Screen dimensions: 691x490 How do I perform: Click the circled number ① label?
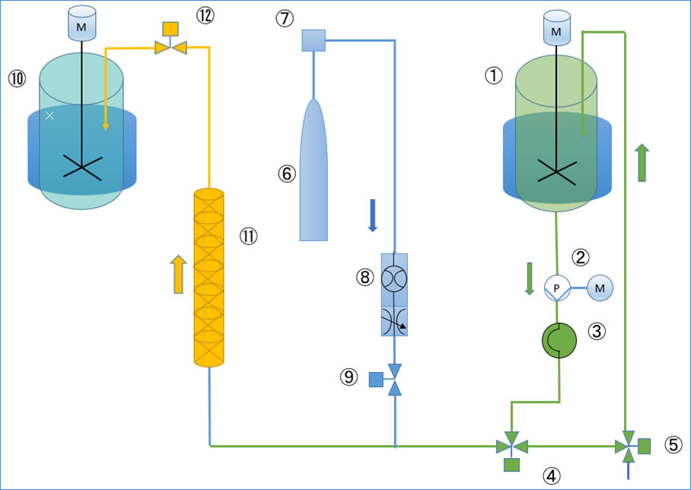[494, 75]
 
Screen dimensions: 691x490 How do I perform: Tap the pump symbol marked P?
[557, 288]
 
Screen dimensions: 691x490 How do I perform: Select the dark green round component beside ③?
[559, 340]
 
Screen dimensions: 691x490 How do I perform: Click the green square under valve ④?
[511, 465]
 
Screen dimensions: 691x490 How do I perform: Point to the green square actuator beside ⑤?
[644, 446]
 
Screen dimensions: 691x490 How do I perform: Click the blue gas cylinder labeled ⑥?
[314, 170]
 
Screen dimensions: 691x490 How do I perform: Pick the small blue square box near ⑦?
[314, 40]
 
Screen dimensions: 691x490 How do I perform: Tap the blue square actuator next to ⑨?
[376, 380]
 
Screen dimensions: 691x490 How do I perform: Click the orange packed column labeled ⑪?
[209, 278]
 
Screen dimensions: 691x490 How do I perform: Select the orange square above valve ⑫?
[170, 29]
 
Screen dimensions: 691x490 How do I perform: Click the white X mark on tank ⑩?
[49, 116]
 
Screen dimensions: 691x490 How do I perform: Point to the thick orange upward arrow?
[179, 274]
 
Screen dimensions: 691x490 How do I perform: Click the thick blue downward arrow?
[372, 215]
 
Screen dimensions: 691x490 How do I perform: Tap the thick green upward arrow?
[642, 163]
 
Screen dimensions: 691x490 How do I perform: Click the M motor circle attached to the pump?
[600, 288]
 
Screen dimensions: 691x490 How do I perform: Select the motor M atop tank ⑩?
[81, 24]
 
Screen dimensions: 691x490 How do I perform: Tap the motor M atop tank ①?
[556, 28]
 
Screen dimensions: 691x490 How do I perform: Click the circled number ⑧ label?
[365, 278]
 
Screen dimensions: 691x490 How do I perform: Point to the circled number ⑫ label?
[205, 15]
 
